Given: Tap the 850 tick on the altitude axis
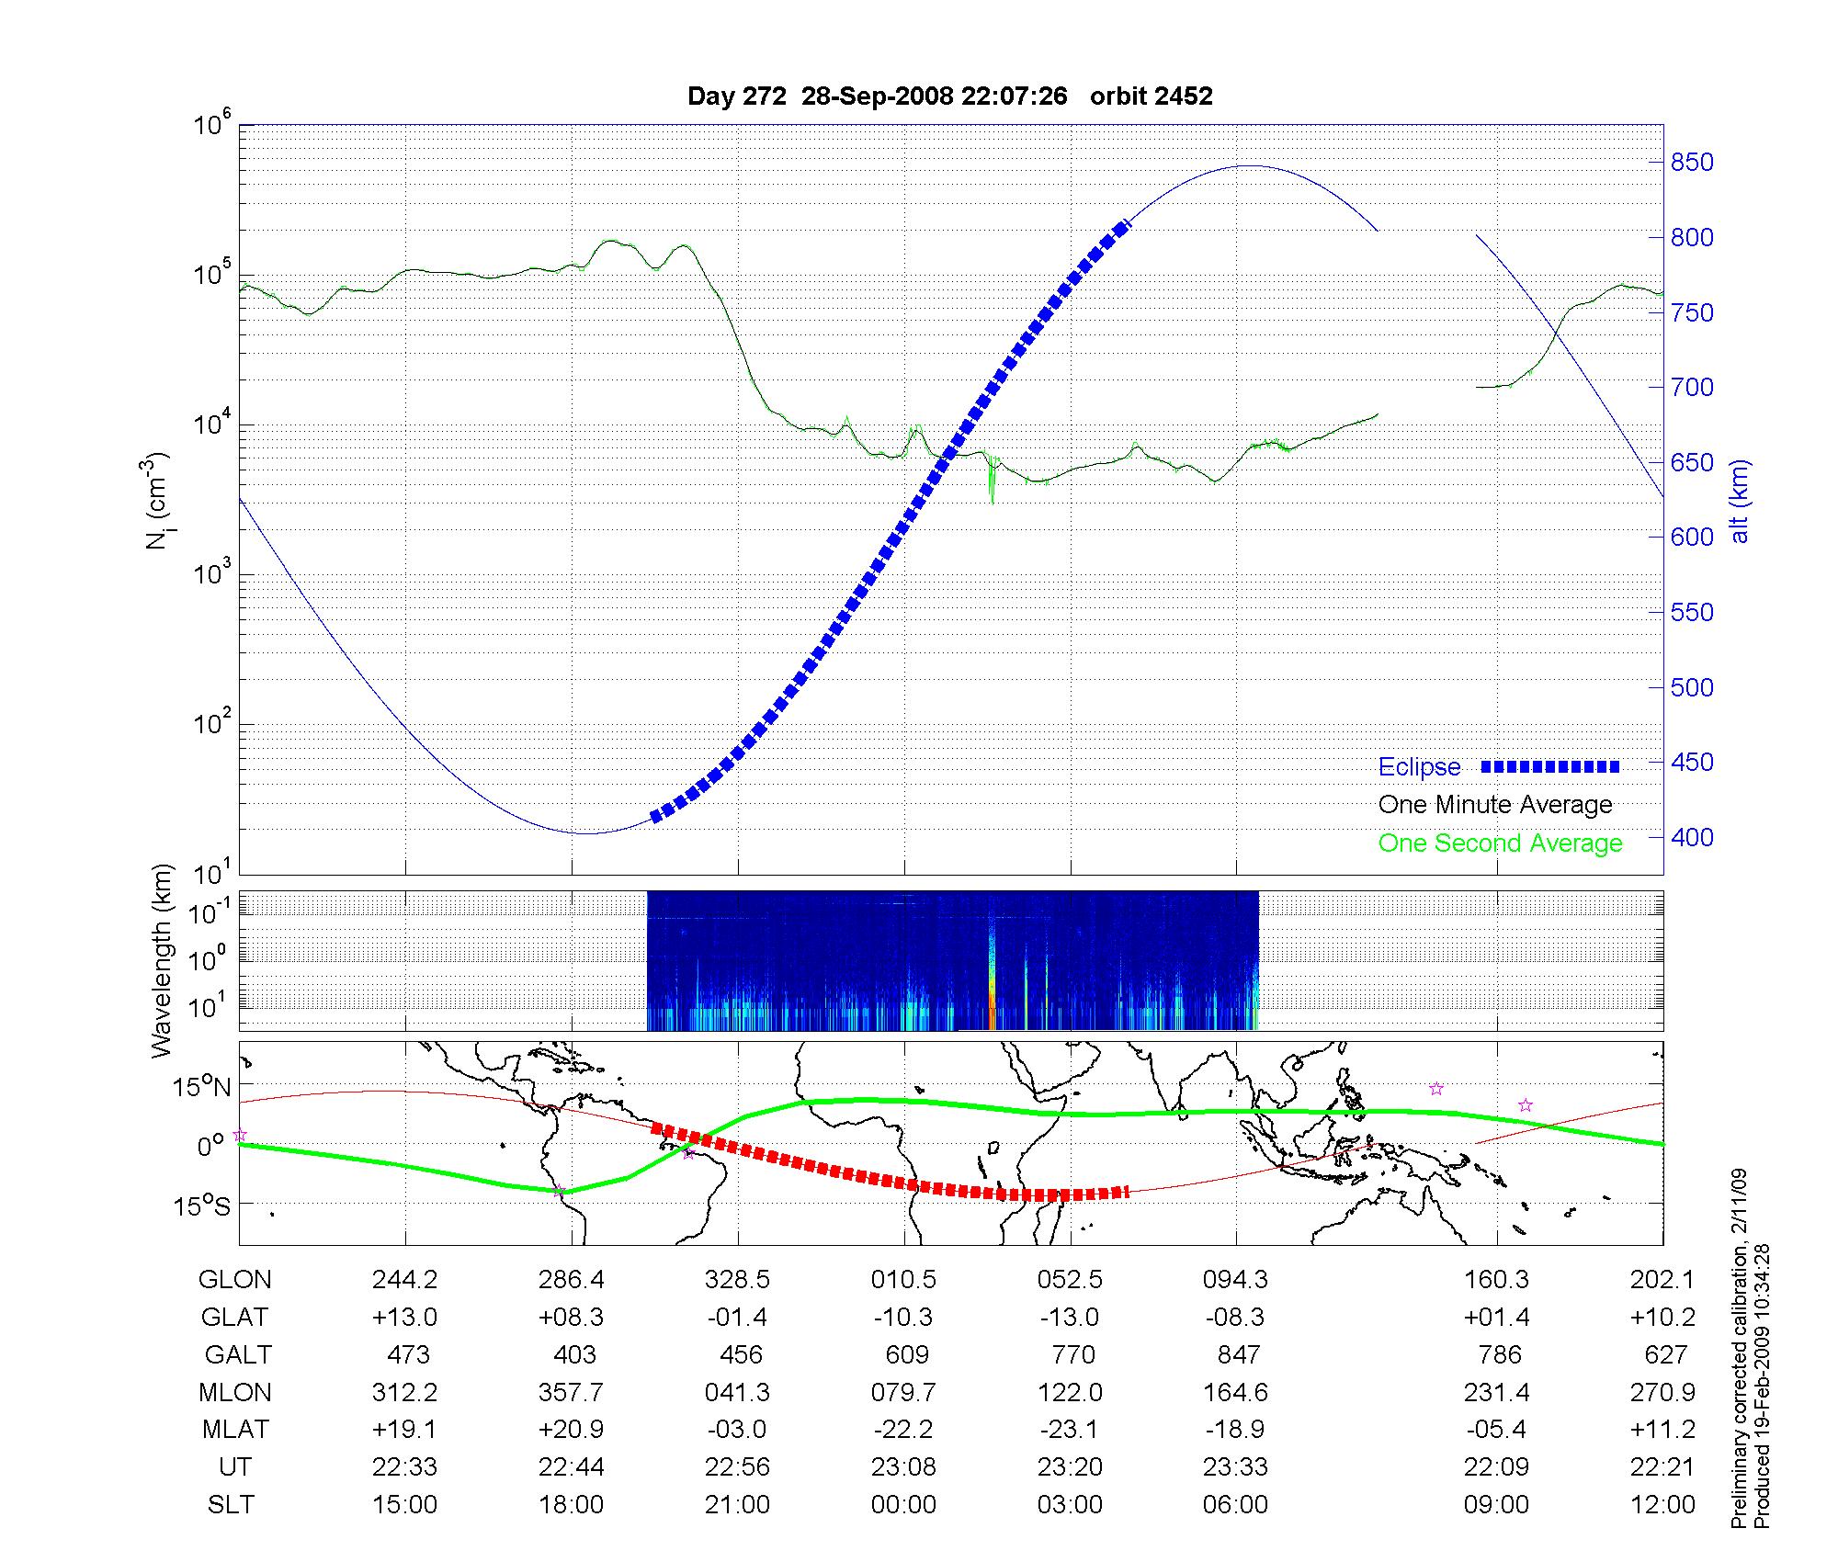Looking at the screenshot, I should pyautogui.click(x=1692, y=163).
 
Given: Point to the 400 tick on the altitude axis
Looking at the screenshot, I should pyautogui.click(x=1692, y=838).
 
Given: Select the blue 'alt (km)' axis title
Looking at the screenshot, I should pyautogui.click(x=1740, y=501).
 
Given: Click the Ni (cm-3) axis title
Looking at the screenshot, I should pyautogui.click(x=157, y=501).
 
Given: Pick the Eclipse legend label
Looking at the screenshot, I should pyautogui.click(x=1419, y=767).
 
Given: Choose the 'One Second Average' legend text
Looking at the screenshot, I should pyautogui.click(x=1500, y=843).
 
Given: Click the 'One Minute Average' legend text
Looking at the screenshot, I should pyautogui.click(x=1495, y=805).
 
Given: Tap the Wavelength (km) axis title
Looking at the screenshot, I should pyautogui.click(x=162, y=960).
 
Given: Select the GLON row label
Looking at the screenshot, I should pyautogui.click(x=235, y=1280).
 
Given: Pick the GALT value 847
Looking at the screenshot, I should pyautogui.click(x=1237, y=1355).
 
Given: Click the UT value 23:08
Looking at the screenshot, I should pyautogui.click(x=903, y=1467).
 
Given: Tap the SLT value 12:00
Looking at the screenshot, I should pyautogui.click(x=1662, y=1505).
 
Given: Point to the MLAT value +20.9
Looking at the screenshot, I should pyautogui.click(x=572, y=1430).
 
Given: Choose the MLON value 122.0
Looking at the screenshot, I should pyautogui.click(x=1070, y=1393).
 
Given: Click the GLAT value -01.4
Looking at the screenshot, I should pyautogui.click(x=737, y=1318).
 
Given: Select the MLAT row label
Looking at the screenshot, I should pyautogui.click(x=235, y=1430).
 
